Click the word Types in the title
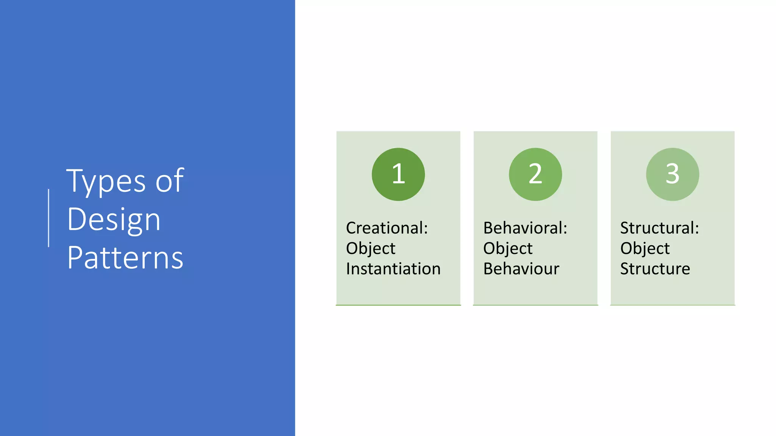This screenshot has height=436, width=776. [x=106, y=181]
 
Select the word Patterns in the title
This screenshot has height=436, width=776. [x=125, y=258]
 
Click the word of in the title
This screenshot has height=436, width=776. [x=170, y=181]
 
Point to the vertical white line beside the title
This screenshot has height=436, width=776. [x=48, y=218]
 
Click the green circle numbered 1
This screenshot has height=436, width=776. [x=398, y=174]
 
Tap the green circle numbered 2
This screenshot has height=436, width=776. [x=535, y=174]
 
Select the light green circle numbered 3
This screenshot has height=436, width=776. [x=673, y=174]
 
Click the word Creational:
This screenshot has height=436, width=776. [x=387, y=228]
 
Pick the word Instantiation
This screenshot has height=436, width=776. [x=393, y=269]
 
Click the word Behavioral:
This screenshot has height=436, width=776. [x=525, y=228]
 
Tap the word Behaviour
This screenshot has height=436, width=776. [x=521, y=269]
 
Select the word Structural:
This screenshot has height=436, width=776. [x=659, y=228]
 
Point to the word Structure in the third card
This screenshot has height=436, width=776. [x=655, y=269]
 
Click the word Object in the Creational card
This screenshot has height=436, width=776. [x=371, y=249]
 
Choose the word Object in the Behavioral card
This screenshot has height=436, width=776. [x=508, y=249]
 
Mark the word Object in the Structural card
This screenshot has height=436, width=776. [x=645, y=249]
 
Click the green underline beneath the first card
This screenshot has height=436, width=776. [x=398, y=305]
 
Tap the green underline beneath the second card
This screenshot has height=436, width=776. [x=535, y=305]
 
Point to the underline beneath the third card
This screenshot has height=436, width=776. [x=673, y=305]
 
